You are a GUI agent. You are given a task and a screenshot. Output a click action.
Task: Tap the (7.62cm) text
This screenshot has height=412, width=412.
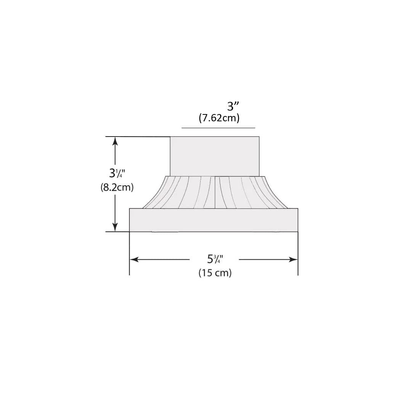coord(219,118)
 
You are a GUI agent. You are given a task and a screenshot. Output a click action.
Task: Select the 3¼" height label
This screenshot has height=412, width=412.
coord(117,173)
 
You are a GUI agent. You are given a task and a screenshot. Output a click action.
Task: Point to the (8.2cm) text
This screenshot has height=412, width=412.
coord(117,187)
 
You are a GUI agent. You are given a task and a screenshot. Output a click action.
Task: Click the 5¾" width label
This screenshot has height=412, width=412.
coord(215,259)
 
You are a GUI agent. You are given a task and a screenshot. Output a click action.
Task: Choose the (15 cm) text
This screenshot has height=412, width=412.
coord(215,273)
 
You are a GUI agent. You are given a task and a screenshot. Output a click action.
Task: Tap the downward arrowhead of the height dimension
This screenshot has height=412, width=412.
coord(115,227)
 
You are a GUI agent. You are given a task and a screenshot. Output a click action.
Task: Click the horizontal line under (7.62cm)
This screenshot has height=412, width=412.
coord(218,128)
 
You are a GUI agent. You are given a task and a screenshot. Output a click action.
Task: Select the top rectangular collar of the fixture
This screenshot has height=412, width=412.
coord(214,156)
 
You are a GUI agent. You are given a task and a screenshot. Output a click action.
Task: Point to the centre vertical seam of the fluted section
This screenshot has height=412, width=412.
coord(215,192)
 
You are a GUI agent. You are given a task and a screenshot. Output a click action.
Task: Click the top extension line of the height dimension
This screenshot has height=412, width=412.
coord(137,137)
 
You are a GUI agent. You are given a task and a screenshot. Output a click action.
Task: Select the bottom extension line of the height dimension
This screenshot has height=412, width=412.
coord(117,232)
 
